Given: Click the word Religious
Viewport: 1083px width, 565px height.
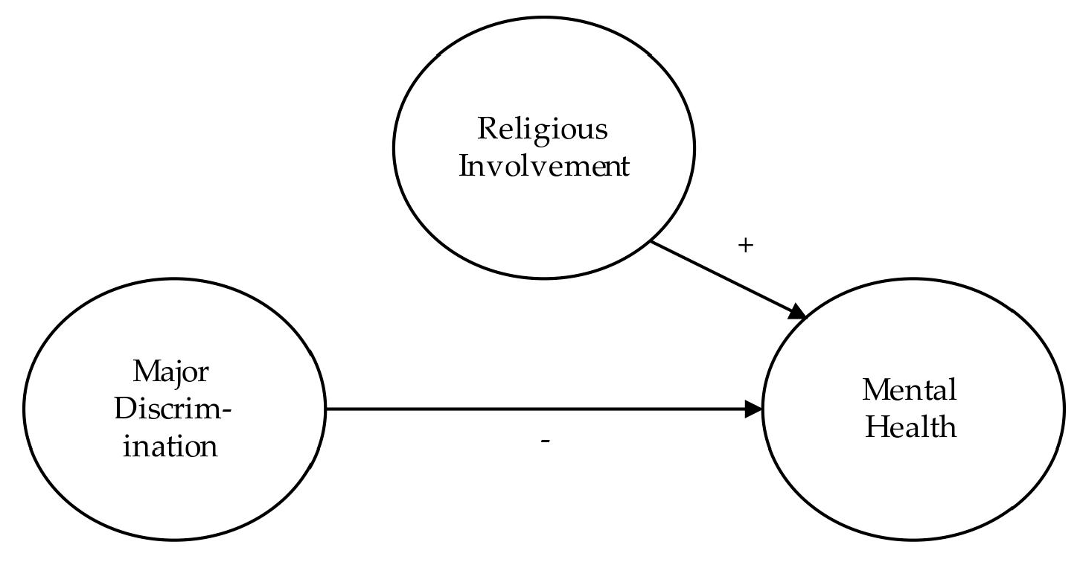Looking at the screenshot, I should (x=543, y=131).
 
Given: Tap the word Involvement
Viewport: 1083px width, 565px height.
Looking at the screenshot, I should (x=544, y=166).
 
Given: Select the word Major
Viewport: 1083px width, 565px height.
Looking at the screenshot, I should (x=175, y=371).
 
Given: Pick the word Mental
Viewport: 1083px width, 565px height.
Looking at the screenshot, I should (x=910, y=390).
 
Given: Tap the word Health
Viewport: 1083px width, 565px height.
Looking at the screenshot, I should (x=910, y=427).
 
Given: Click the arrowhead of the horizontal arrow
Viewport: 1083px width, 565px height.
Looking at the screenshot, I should (x=755, y=409).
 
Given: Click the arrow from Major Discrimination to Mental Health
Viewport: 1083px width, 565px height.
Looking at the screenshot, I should (x=536, y=409).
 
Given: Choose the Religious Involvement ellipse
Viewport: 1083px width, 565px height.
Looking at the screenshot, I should (x=544, y=89).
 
